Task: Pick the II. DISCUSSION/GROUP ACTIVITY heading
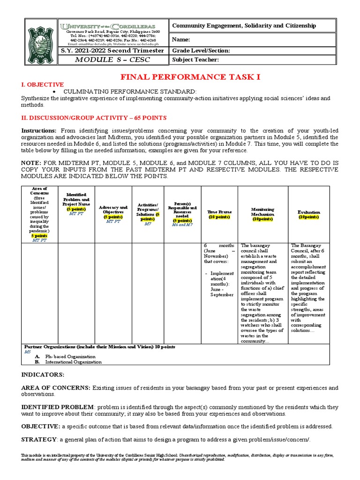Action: pyautogui.click(x=94, y=118)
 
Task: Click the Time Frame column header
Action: pyautogui.click(x=219, y=214)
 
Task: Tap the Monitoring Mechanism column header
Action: pyautogui.click(x=262, y=214)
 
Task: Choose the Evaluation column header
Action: pyautogui.click(x=309, y=214)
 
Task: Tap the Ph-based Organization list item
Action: pyautogui.click(x=66, y=357)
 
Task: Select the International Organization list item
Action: pyautogui.click(x=73, y=362)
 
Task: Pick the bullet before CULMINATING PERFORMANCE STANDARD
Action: pyautogui.click(x=55, y=91)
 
